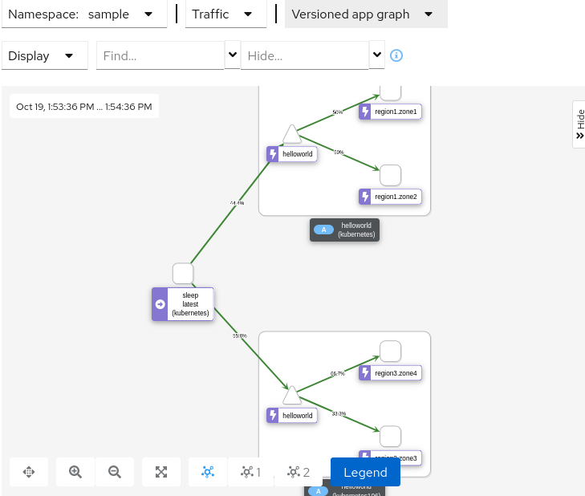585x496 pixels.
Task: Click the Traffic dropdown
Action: (x=225, y=14)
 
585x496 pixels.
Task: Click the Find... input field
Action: (x=160, y=56)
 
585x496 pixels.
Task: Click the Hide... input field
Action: (x=304, y=56)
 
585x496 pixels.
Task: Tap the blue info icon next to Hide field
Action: (x=396, y=56)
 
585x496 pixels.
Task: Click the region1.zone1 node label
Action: (x=390, y=112)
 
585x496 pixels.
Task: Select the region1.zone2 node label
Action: (x=390, y=197)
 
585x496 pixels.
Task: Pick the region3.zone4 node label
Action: (x=390, y=372)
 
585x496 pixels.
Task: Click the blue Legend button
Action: (x=365, y=472)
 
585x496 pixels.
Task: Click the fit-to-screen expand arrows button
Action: (x=161, y=472)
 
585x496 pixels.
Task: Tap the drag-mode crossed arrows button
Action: (x=29, y=472)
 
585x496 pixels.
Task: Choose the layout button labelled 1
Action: (x=250, y=472)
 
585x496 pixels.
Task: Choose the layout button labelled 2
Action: (x=299, y=472)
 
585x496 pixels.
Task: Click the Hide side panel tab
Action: (x=579, y=124)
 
